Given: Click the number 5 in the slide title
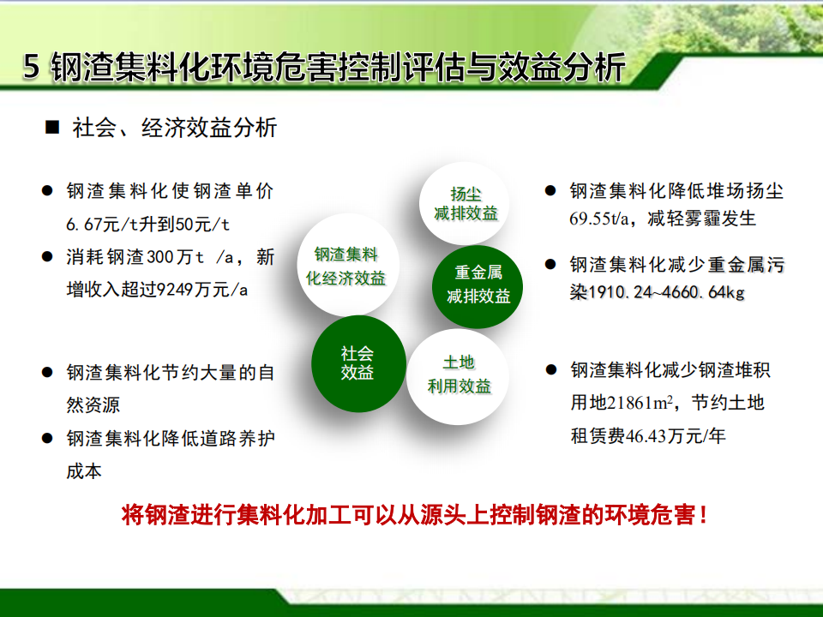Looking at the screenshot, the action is point(31,67).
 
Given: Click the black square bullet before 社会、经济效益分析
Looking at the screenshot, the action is point(52,127).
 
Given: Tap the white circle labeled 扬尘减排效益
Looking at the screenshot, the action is point(465,204).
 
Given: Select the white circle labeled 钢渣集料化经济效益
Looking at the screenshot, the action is point(347,266).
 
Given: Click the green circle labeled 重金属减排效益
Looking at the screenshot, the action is point(478,286).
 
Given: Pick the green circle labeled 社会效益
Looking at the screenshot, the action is point(358,363).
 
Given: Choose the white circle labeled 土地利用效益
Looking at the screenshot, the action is point(458,377).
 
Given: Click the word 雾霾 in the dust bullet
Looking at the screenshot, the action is point(703,219).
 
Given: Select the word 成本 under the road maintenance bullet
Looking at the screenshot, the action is point(84,471).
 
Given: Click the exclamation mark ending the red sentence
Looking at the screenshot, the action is point(703,515).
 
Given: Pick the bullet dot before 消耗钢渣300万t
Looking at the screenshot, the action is point(47,256).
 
